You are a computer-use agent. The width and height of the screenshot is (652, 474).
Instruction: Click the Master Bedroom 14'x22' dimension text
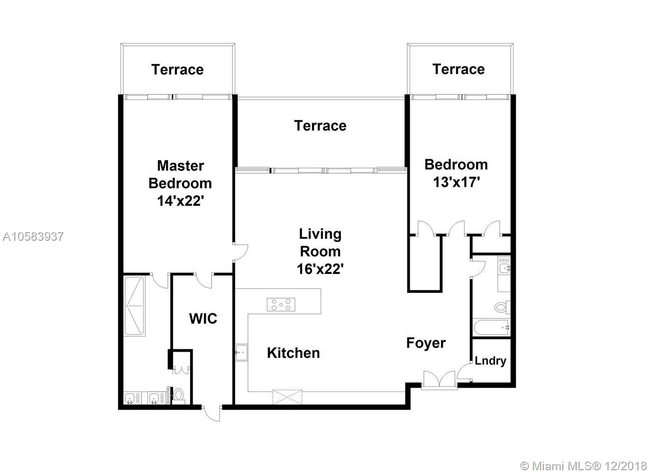(x=180, y=201)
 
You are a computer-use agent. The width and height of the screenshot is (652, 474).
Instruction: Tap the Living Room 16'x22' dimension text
(x=320, y=269)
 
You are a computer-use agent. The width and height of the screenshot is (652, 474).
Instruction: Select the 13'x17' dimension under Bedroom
(x=456, y=182)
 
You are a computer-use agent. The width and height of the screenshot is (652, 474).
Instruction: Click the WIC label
(x=203, y=319)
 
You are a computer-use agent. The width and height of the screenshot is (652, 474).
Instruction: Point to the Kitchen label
(x=294, y=353)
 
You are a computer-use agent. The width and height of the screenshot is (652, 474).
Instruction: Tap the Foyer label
(x=426, y=343)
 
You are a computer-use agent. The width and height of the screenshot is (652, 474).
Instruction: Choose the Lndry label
(x=490, y=361)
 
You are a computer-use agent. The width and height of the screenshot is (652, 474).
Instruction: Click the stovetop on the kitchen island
(x=281, y=305)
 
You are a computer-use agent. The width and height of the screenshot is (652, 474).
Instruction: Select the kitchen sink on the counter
(x=241, y=352)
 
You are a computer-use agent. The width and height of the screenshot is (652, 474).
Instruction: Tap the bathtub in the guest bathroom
(x=492, y=328)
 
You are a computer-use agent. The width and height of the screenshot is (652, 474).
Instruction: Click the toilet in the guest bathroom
(x=503, y=307)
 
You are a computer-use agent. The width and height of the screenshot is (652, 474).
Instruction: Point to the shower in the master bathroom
(x=134, y=306)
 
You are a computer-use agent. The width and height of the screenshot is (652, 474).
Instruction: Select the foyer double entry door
(x=440, y=380)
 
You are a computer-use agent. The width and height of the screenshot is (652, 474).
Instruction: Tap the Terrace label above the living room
(x=320, y=126)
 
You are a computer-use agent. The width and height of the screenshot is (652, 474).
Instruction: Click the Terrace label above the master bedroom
(x=177, y=70)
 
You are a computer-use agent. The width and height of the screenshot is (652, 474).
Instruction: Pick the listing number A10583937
(x=33, y=237)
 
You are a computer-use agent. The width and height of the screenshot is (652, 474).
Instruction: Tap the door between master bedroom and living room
(x=240, y=252)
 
